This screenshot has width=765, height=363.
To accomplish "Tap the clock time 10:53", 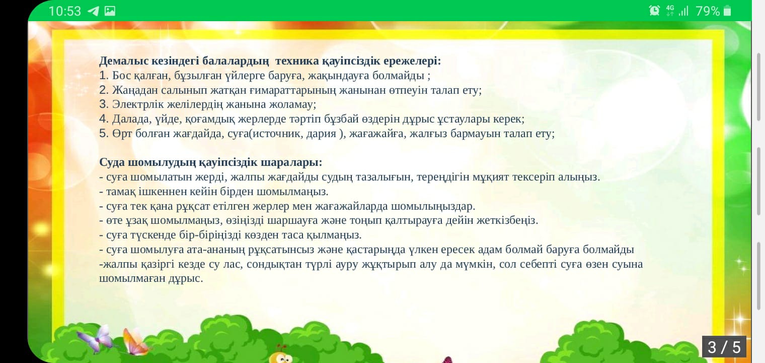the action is point(64,11).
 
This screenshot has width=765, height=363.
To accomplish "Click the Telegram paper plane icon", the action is point(93,11).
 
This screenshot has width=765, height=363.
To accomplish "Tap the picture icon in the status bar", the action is point(110,11).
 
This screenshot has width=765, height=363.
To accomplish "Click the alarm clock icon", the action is point(654,11).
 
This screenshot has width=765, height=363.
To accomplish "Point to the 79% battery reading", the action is point(708,11).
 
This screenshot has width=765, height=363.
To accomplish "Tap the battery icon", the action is point(727,11).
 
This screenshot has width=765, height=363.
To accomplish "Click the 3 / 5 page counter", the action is point(724,347).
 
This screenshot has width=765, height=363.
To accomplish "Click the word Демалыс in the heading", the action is point(124,61).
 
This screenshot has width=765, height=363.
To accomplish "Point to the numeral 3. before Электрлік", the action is point(104,104).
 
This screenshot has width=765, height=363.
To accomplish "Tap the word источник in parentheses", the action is point(276,134).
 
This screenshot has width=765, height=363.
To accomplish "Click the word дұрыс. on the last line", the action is point(186,278).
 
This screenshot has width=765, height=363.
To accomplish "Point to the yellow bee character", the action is point(281,356).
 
